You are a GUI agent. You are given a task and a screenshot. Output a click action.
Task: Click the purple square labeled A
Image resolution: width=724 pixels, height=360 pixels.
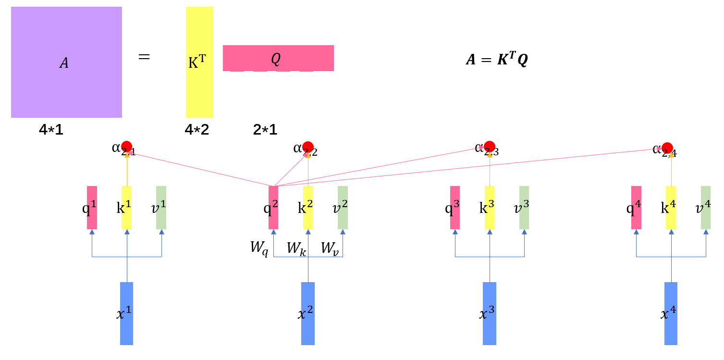click(66, 62)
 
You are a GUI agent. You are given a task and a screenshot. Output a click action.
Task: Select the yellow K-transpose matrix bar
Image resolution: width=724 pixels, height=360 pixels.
click(199, 62)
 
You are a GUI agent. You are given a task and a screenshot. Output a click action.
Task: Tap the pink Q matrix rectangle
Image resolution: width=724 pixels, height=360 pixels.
click(278, 58)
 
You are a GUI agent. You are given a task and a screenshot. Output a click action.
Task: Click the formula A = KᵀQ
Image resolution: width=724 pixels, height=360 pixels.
click(497, 60)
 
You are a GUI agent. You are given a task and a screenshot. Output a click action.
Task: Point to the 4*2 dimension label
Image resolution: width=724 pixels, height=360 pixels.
click(197, 129)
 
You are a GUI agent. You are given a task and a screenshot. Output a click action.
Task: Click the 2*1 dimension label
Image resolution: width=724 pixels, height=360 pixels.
click(265, 129)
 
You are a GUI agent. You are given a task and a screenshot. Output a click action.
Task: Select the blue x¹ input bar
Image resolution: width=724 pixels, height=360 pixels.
click(126, 313)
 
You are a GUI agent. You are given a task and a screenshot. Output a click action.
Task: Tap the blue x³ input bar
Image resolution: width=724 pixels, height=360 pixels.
click(489, 313)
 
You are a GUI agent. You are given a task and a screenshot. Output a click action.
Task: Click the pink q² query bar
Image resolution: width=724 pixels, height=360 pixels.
click(273, 208)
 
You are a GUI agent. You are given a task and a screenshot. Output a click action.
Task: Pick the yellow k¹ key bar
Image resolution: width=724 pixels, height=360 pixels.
click(127, 208)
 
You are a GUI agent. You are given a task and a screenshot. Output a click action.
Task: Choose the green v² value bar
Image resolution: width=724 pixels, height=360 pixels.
click(343, 208)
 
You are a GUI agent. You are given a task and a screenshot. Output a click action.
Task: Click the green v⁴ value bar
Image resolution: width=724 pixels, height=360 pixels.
click(706, 208)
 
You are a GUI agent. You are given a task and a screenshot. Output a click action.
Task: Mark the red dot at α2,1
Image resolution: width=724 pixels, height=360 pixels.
click(127, 146)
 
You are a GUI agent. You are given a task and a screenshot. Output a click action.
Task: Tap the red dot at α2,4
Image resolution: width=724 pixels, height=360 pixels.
click(667, 148)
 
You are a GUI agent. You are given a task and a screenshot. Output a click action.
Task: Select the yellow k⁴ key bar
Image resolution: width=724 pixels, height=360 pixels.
click(671, 208)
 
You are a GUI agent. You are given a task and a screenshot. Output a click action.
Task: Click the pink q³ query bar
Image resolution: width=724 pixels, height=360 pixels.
click(455, 208)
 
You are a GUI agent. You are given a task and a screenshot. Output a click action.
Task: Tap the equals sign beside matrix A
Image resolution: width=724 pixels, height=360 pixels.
click(144, 57)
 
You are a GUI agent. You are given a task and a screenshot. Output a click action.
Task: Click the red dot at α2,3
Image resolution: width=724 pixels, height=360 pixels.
click(490, 146)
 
